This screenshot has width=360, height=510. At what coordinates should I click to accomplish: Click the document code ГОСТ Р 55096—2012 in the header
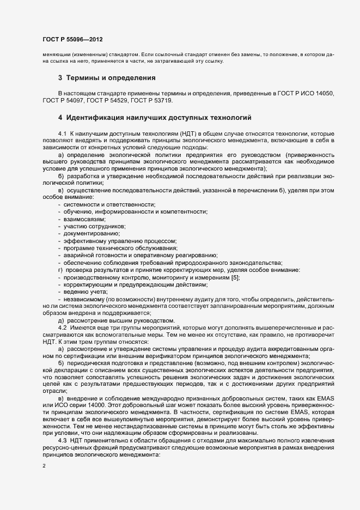[x=72, y=40]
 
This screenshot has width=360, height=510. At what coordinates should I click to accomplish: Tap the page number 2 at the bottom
[x=44, y=466]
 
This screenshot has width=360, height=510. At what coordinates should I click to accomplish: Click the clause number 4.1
[x=62, y=133]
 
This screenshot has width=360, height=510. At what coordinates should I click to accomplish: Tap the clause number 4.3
[x=62, y=439]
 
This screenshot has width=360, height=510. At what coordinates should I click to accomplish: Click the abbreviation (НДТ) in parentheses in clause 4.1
[x=193, y=133]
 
